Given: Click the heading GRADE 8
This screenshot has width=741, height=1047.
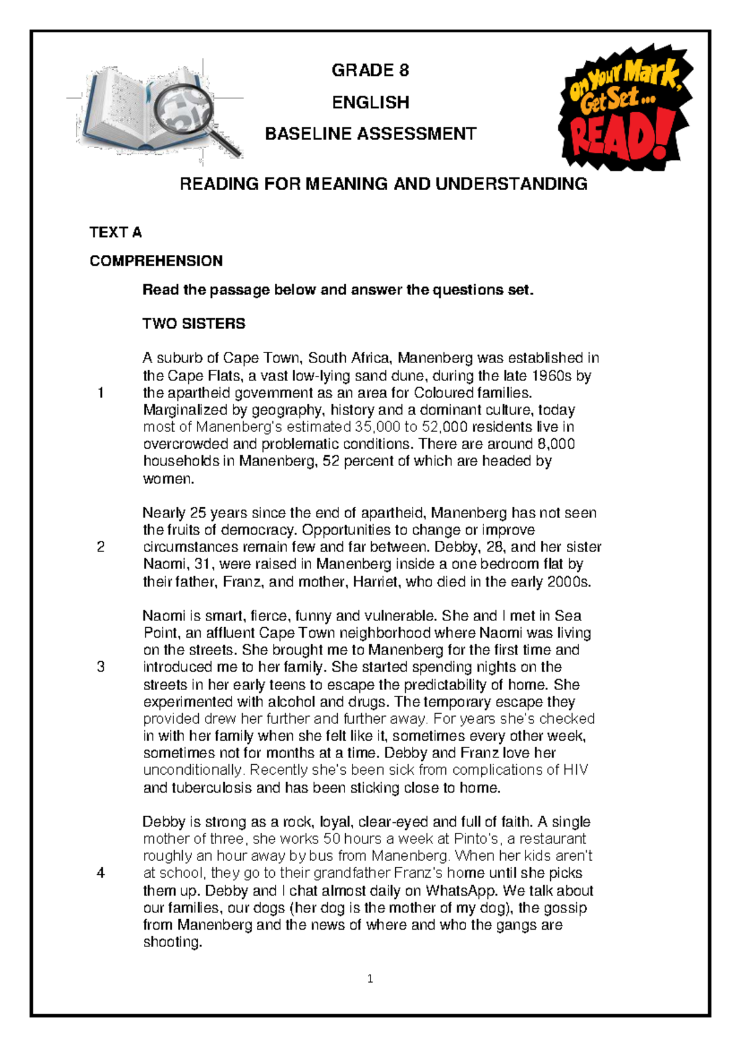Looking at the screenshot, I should pos(370,70).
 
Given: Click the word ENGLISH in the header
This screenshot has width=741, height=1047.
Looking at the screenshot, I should pos(371,102).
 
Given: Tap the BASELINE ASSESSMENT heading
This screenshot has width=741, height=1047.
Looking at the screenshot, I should pos(371,134).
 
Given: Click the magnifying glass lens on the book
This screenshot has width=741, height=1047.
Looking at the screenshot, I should pos(183,108).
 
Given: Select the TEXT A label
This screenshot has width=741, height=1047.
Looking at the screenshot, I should pos(115,233).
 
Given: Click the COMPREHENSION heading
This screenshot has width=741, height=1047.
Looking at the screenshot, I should pos(156,261).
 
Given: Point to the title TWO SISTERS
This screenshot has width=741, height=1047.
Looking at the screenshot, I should pos(194,324).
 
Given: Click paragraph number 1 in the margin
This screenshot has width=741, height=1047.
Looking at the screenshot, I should pos(101,393).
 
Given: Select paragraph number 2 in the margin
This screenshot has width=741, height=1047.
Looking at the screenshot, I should pos(101,547).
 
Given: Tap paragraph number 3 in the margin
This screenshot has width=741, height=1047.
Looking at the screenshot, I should pos(101,667).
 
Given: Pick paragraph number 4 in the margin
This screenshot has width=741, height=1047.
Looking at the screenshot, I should pos(101,873).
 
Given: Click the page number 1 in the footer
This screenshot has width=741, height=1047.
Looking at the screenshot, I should pos(370,978).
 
